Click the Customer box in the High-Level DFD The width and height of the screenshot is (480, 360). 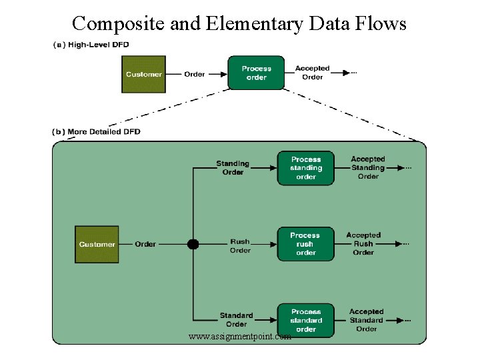143,74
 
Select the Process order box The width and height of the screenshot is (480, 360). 256,73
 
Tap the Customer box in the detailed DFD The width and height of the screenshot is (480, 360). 97,245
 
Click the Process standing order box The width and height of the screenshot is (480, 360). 306,168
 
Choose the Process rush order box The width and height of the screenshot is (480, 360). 305,244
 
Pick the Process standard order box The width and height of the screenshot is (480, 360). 306,320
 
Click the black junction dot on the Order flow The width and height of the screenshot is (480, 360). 193,244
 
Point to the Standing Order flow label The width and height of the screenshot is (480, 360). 233,168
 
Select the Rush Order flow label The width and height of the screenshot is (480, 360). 240,246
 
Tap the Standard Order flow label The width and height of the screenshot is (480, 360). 236,319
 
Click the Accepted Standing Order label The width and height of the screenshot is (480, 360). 368,168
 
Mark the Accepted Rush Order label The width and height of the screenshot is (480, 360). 363,244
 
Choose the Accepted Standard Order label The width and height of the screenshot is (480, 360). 366,320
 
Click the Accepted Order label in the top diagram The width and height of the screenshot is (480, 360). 312,73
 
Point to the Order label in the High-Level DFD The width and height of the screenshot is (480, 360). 195,74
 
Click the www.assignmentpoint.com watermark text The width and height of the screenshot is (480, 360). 240,337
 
